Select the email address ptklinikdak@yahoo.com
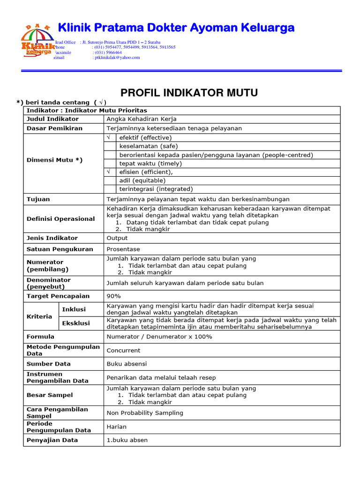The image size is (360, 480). coord(117,58)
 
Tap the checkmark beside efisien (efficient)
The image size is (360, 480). coord(108,172)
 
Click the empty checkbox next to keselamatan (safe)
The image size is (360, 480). coord(110,146)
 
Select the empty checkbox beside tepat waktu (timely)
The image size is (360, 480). coord(110,164)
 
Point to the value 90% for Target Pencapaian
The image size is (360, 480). coord(114,296)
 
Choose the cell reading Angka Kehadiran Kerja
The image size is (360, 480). coord(142,119)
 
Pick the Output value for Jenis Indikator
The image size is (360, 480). coord(117,238)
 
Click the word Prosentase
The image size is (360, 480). coord(123,249)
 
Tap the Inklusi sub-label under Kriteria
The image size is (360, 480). coord(74,309)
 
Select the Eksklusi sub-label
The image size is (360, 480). coord(75,323)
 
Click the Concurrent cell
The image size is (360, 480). coord(123,350)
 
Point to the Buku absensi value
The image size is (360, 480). coord(127,364)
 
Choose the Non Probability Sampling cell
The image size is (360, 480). coord(145,413)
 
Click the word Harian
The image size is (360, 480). coord(117,427)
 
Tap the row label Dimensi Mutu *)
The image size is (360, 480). coord(54,160)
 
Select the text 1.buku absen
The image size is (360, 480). coord(127,440)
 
